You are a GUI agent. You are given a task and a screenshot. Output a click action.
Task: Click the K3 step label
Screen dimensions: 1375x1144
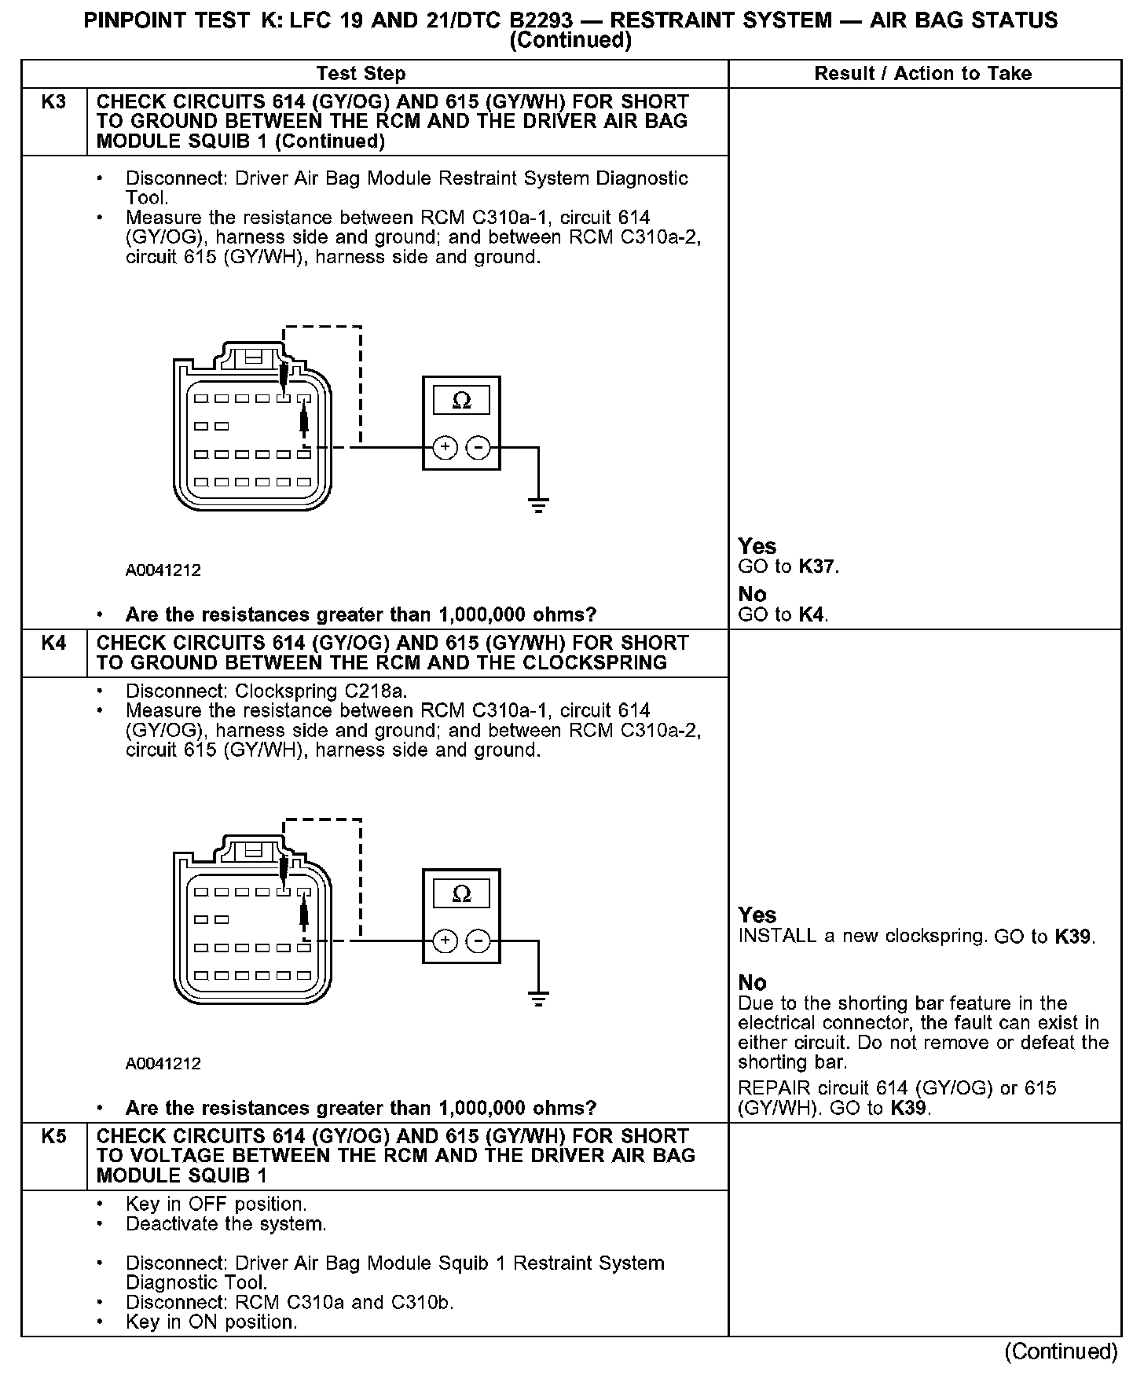53,102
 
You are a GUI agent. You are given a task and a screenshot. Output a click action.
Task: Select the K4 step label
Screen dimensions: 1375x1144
53,643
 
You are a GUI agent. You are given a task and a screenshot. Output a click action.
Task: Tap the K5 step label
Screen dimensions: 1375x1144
53,1136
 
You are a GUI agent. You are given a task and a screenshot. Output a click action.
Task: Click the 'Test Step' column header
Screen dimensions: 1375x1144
361,74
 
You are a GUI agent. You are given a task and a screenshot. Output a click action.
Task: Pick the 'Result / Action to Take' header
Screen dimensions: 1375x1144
922,74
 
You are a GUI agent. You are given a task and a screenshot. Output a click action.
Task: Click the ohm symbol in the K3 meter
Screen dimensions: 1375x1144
462,401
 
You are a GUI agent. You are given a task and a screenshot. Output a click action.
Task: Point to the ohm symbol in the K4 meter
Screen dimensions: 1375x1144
462,894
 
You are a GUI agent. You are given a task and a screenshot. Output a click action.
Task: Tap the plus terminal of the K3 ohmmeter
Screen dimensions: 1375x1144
445,448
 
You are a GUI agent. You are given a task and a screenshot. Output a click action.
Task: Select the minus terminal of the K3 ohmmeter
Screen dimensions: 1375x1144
478,448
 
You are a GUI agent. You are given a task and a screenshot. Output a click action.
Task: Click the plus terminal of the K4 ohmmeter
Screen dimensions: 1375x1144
445,940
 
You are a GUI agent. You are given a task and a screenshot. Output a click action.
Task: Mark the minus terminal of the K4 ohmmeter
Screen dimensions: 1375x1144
478,940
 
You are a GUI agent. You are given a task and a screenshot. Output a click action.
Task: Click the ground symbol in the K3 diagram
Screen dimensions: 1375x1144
538,505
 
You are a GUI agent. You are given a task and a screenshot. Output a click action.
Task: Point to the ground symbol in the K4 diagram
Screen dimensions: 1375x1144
538,999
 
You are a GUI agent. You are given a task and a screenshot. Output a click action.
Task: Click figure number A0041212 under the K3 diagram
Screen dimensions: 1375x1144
163,570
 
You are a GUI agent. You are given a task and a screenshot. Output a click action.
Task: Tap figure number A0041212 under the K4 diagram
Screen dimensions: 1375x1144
163,1064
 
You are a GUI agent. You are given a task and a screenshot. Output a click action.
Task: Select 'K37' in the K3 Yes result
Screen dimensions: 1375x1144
817,566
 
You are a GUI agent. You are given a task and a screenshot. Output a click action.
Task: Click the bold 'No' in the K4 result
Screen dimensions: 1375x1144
752,983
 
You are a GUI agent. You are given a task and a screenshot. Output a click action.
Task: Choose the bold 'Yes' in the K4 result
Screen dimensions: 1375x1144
757,915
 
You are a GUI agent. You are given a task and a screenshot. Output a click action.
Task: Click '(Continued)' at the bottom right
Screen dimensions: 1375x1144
1061,1351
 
